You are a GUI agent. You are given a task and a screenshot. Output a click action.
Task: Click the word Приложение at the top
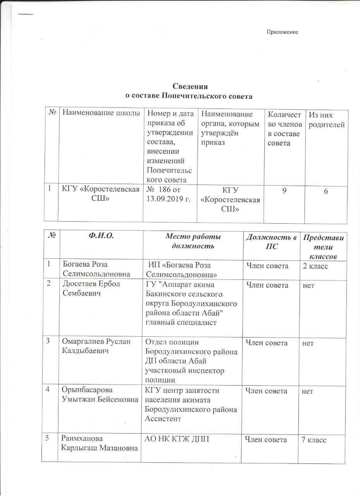click(282, 32)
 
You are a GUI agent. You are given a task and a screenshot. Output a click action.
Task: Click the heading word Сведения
click(190, 86)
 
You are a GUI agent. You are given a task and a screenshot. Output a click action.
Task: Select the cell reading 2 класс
click(316, 266)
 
